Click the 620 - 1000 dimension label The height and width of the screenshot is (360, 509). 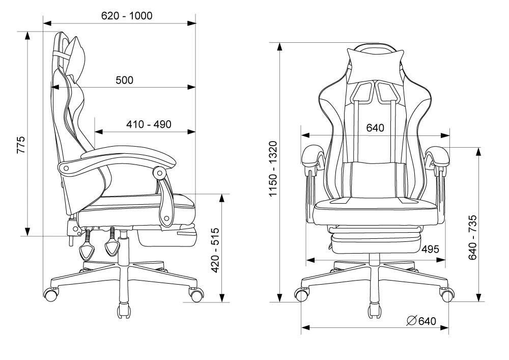(127, 16)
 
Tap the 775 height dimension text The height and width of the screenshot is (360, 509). (20, 145)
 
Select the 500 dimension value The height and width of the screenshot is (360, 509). (125, 80)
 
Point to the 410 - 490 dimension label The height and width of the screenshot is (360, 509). (149, 124)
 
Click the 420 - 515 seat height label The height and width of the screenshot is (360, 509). (215, 251)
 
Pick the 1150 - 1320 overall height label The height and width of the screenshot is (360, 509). (274, 169)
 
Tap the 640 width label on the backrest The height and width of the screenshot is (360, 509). (375, 128)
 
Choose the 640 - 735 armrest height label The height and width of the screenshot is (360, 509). (473, 237)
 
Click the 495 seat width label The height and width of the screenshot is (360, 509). (430, 250)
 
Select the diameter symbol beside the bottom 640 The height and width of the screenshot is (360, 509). (412, 321)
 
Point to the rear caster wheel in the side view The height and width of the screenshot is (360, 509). (51, 295)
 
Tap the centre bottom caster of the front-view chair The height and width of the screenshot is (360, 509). (375, 310)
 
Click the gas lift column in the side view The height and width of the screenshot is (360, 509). (123, 248)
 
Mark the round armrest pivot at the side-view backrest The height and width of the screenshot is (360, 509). (66, 168)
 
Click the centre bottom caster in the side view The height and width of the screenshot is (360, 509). (125, 310)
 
